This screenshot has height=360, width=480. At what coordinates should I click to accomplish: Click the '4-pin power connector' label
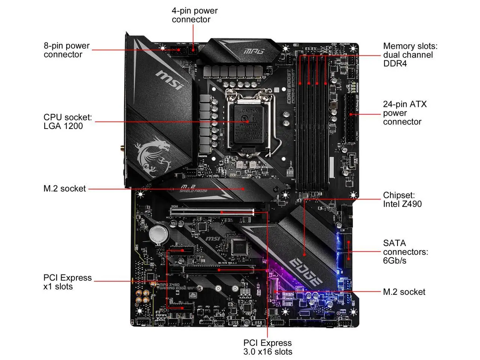coord(195,15)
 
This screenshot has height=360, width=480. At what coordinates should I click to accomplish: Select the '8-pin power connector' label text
coord(66,50)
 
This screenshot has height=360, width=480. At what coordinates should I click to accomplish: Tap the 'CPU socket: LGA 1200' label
coord(67,121)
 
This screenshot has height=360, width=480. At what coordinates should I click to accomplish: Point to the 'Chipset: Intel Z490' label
coord(402,199)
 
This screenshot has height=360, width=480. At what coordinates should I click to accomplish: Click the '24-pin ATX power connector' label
coord(404,113)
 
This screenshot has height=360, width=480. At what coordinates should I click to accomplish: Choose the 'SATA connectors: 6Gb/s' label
coord(405,252)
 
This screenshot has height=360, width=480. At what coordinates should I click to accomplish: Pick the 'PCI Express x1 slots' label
coord(67,282)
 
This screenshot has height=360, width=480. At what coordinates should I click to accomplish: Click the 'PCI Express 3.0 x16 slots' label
coord(267,347)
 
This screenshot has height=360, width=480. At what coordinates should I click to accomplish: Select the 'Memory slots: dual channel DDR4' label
coord(410,55)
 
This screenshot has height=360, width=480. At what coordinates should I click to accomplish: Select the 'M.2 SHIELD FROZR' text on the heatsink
coord(193,189)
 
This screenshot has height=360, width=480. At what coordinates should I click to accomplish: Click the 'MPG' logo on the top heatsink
coord(254,51)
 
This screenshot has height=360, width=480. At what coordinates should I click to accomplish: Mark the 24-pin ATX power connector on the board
coord(351,118)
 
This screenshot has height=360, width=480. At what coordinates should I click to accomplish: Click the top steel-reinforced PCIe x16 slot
coord(212,212)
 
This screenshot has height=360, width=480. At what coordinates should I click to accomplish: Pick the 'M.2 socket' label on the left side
coord(64,189)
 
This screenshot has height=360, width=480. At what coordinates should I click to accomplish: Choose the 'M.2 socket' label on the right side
coord(404,292)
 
